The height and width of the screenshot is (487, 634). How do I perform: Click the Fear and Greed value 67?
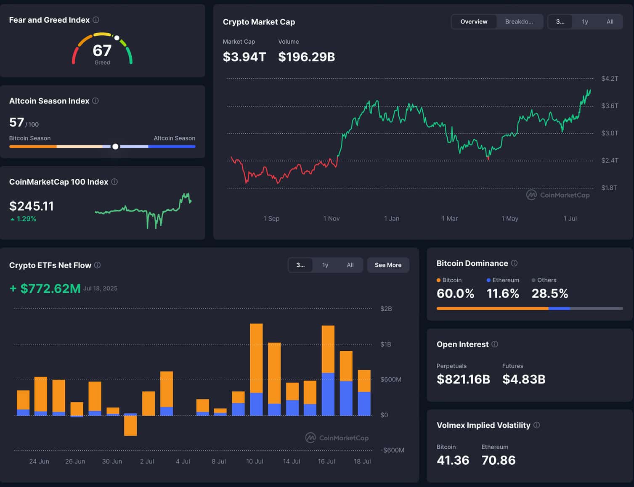[102, 51]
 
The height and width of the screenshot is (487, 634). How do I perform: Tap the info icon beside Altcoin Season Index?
[95, 101]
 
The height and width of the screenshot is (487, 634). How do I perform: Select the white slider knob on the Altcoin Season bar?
[115, 146]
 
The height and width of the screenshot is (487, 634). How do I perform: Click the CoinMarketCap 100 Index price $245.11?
[32, 206]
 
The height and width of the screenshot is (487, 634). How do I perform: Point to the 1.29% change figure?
[26, 219]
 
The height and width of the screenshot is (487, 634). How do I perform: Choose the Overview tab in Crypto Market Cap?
[474, 21]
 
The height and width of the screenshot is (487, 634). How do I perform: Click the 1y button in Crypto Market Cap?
[585, 21]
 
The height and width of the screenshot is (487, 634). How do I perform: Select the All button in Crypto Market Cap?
[610, 21]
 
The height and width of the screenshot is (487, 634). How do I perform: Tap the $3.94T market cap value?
[244, 57]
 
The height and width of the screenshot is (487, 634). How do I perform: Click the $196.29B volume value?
[306, 57]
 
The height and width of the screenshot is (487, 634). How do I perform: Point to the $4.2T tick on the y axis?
[610, 79]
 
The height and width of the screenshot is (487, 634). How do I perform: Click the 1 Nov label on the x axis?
[331, 218]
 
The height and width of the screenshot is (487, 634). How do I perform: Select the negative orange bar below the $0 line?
[130, 425]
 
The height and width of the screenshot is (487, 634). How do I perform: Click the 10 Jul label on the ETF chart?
[255, 461]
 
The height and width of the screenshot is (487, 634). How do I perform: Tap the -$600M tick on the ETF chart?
[392, 450]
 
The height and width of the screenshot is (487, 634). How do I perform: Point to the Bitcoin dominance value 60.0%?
[455, 294]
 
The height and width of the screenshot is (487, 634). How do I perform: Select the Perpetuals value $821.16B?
[463, 379]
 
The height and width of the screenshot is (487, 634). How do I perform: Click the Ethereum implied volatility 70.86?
[499, 461]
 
